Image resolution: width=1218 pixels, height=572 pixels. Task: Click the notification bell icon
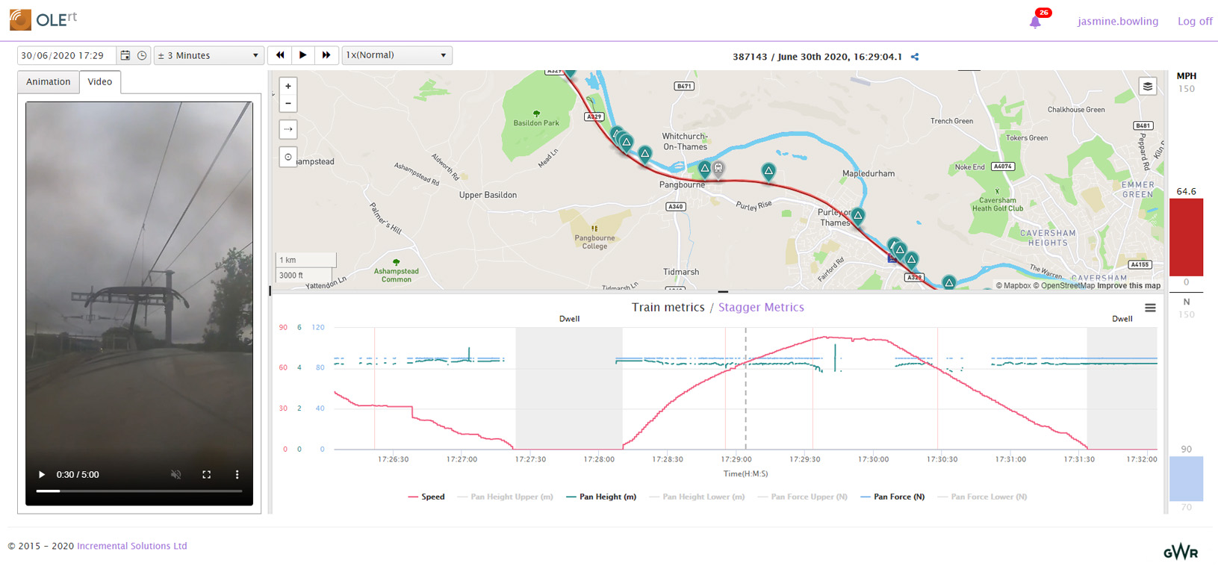1035,22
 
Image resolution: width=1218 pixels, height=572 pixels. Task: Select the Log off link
1194,21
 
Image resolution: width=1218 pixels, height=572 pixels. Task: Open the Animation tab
49,82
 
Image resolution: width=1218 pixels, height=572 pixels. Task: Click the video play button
42,474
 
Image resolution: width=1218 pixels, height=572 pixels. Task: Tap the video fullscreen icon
207,474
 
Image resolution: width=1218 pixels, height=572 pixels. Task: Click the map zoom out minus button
288,104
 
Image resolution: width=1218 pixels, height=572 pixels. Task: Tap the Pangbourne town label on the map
681,184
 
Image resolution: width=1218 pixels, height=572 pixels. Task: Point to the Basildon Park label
535,123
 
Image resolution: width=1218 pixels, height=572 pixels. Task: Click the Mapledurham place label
868,173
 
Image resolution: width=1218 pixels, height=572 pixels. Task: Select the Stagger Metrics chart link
760,307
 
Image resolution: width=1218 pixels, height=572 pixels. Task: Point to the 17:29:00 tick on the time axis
736,459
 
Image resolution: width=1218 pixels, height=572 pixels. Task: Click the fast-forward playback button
326,55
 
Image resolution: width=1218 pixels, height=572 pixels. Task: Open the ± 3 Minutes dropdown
208,55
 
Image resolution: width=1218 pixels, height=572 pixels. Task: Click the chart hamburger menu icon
1150,308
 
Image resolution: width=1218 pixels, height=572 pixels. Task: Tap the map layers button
1147,87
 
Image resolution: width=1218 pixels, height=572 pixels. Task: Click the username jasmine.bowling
1117,21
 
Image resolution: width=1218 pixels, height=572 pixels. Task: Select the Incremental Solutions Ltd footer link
131,546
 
